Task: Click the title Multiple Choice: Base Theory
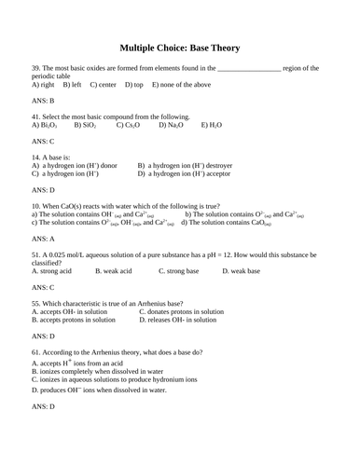[179, 46]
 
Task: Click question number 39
[35, 69]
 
